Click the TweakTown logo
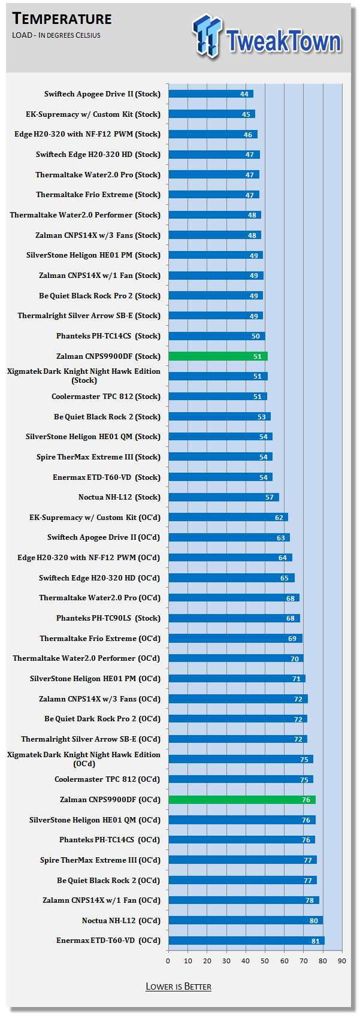[267, 37]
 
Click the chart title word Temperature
[62, 19]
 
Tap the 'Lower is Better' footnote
[179, 986]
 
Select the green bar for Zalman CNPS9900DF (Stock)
[217, 356]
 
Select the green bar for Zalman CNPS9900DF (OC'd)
[241, 800]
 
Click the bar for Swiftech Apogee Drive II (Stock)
[210, 94]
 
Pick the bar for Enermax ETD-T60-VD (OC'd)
[246, 941]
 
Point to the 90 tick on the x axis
[341, 961]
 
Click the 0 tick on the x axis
[168, 961]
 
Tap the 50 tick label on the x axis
[265, 961]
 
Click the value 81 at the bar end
[316, 941]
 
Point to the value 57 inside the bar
[270, 497]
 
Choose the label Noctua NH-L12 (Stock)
[119, 497]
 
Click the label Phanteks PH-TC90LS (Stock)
[108, 618]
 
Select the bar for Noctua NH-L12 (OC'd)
[246, 921]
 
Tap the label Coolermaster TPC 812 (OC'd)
[107, 779]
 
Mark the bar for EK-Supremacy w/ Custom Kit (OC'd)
[228, 517]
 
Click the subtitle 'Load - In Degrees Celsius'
[56, 35]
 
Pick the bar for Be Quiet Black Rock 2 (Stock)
[219, 416]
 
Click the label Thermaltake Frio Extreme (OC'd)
[100, 639]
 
